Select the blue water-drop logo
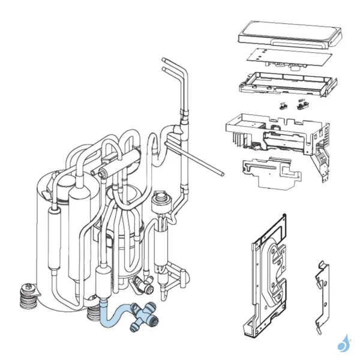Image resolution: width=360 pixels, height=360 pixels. point(343,344)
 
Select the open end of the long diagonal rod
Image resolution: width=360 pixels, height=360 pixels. point(221,173)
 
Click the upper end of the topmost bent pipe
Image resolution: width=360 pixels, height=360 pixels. point(164,60)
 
